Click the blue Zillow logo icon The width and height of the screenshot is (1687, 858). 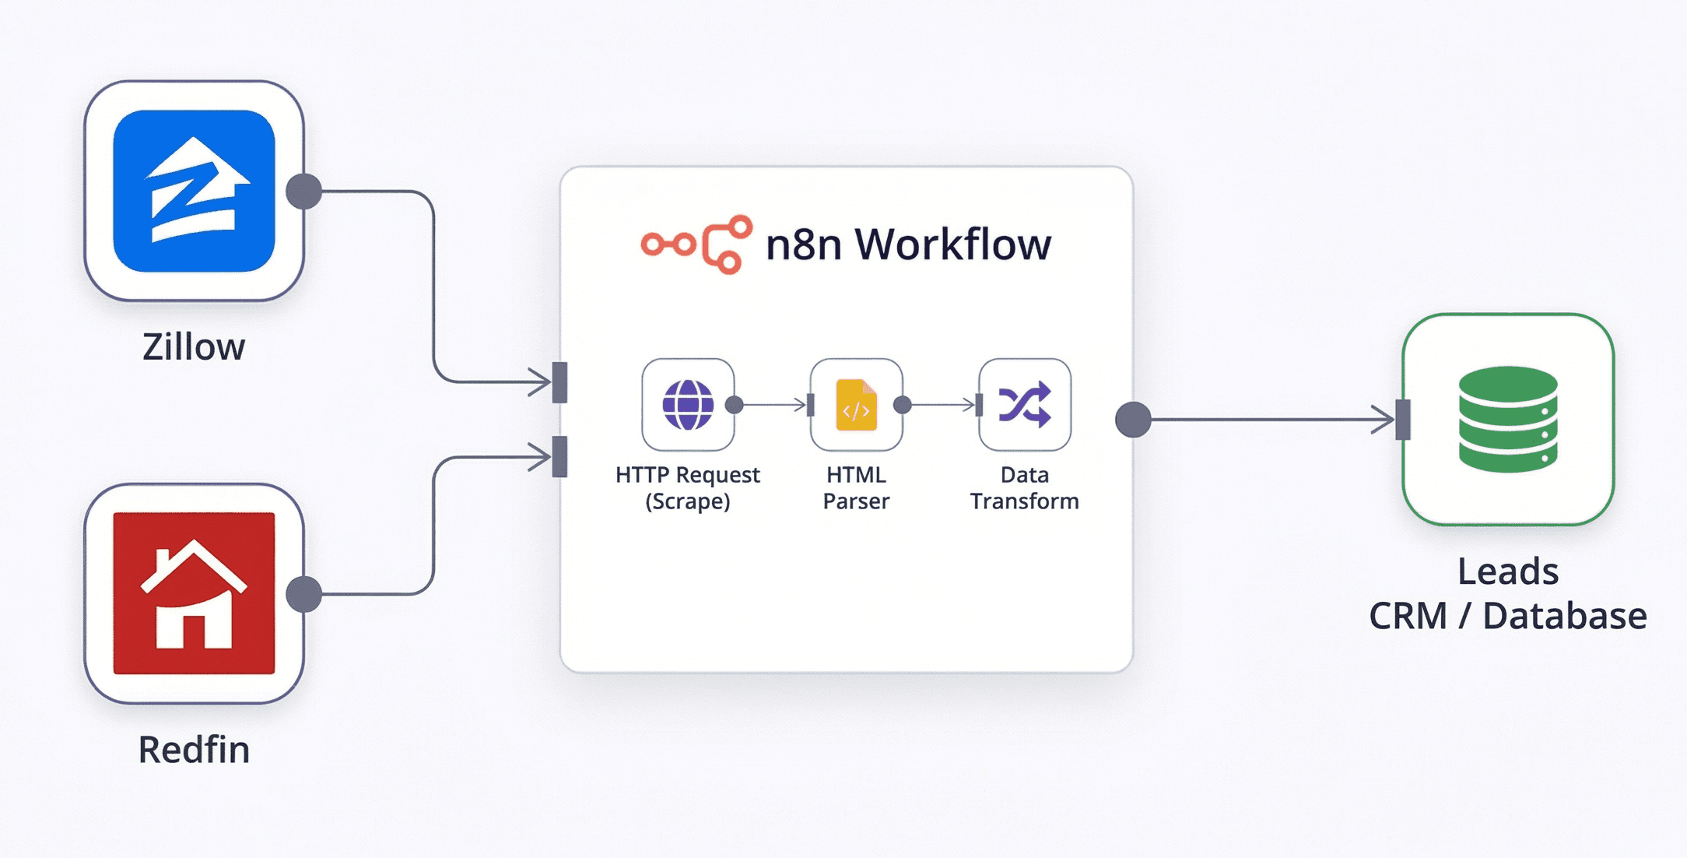tap(194, 191)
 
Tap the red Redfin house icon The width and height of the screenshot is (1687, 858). tap(194, 593)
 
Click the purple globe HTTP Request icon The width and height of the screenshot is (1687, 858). tap(687, 405)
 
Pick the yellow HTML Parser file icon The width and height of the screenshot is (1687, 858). tap(856, 405)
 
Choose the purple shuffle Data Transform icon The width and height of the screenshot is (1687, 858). tap(1024, 405)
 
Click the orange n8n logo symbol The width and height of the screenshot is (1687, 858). tap(697, 244)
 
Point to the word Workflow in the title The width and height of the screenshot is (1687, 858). tap(953, 244)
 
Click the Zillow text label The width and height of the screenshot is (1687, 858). tap(194, 347)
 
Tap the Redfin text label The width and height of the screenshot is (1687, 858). tap(194, 750)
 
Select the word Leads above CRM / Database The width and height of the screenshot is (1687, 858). tap(1508, 571)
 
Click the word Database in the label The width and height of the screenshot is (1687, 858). tap(1564, 616)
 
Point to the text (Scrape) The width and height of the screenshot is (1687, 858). tap(687, 501)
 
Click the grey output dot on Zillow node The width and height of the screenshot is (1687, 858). tap(303, 192)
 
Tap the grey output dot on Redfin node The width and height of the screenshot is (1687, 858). tap(303, 594)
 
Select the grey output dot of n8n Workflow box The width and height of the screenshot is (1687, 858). tap(1133, 420)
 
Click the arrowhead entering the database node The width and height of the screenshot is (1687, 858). tap(1384, 420)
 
